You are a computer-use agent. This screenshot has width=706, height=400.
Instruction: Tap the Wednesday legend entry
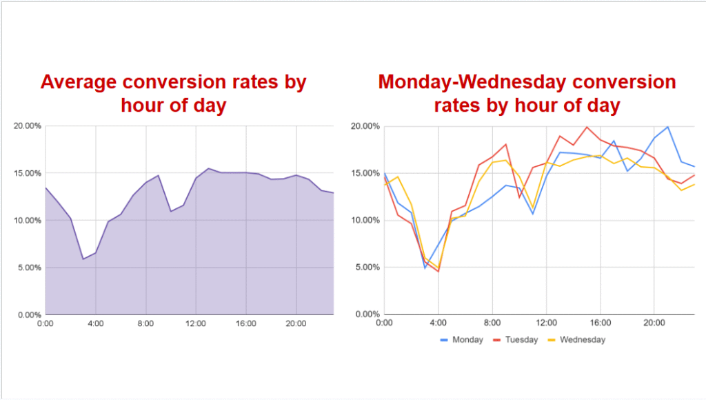coord(583,339)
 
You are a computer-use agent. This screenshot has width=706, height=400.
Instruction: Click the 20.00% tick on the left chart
coord(28,126)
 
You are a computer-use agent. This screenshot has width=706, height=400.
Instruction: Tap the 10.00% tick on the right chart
coord(365,220)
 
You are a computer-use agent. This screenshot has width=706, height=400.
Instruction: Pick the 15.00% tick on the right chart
coord(365,173)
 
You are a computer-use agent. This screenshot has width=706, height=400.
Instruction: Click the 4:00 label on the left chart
coord(96,323)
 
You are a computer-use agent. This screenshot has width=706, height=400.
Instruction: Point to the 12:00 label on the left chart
coord(196,323)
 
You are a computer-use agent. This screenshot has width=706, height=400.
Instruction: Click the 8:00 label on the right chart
coord(492,323)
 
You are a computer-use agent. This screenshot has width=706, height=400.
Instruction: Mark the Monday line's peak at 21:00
coord(667,127)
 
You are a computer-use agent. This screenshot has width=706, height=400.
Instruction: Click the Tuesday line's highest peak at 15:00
coord(587,127)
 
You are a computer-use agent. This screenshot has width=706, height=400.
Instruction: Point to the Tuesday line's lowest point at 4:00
coord(438,271)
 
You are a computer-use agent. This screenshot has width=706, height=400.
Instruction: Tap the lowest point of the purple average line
coord(83,259)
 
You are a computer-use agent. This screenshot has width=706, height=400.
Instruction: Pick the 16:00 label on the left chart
coord(246,323)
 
